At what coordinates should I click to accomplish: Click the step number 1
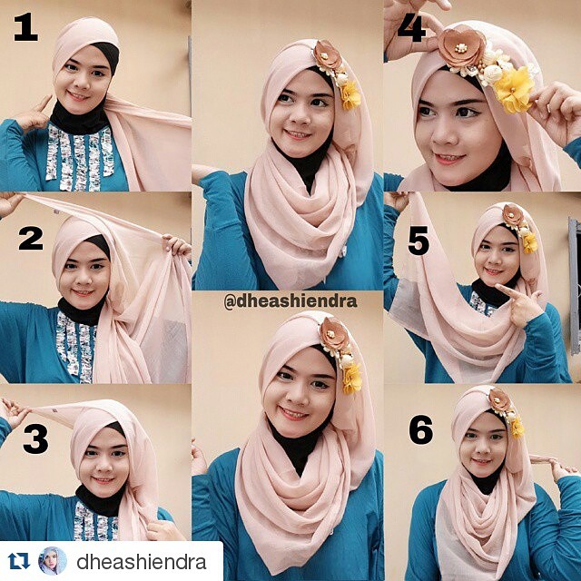point(26,27)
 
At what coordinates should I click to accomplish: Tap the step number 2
point(31,238)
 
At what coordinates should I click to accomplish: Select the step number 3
point(35,438)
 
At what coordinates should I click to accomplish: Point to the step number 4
point(411,28)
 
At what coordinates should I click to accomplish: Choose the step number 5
point(419,241)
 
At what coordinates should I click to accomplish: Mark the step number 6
point(421,429)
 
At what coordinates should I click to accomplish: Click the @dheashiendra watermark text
point(290,302)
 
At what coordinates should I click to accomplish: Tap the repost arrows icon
point(19,561)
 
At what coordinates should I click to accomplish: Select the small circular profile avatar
point(53,561)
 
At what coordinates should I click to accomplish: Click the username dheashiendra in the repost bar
point(142,562)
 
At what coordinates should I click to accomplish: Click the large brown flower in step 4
point(461,47)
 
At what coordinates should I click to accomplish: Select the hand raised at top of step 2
point(9,203)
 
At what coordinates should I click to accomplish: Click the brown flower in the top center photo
point(327,54)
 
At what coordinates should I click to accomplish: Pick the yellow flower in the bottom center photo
point(352,378)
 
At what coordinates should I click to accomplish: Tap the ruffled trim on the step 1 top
point(80,157)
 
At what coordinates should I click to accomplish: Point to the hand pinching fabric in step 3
point(13,412)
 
